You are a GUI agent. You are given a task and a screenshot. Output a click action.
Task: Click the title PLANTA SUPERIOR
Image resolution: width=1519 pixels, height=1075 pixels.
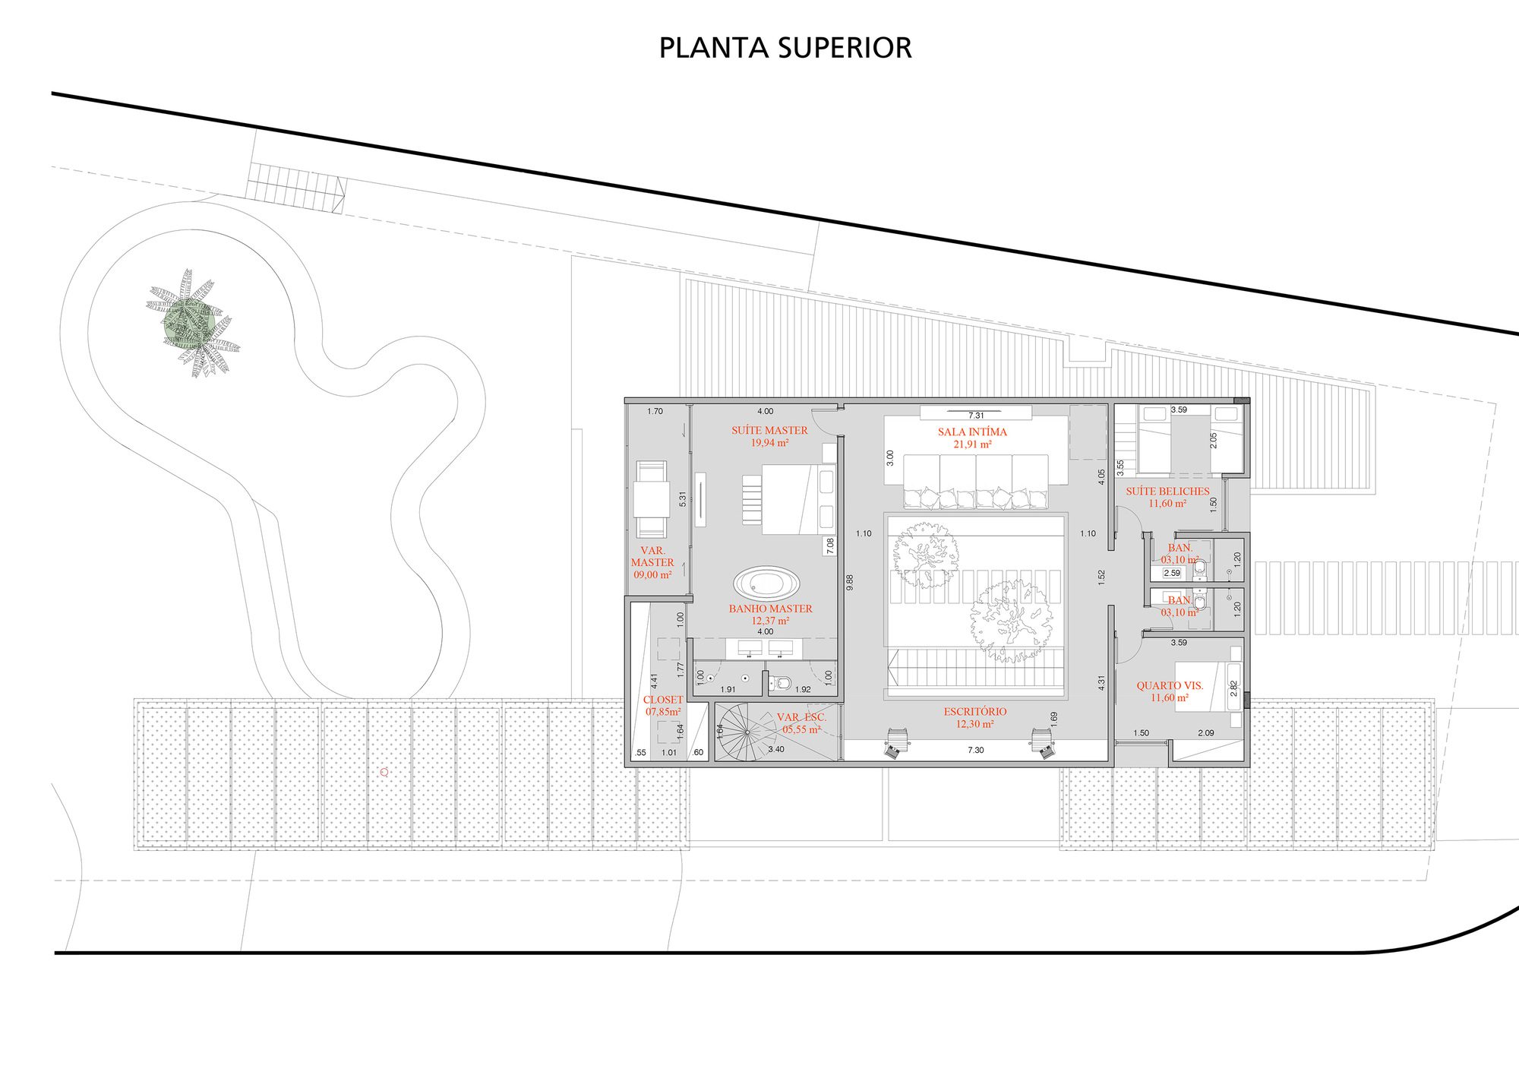pyautogui.click(x=785, y=48)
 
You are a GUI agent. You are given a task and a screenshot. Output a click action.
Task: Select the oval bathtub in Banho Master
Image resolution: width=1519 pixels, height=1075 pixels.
pyautogui.click(x=766, y=584)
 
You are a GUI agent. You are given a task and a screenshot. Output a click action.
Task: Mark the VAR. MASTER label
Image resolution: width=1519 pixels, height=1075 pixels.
pyautogui.click(x=652, y=562)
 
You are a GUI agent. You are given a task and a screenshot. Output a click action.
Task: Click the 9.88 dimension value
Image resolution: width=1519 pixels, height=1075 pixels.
pyautogui.click(x=850, y=582)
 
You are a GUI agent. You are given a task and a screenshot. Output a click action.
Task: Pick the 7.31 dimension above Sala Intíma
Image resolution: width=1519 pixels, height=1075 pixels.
pyautogui.click(x=976, y=416)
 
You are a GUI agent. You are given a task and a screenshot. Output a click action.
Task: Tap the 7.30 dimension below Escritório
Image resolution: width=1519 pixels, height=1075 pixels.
pyautogui.click(x=976, y=750)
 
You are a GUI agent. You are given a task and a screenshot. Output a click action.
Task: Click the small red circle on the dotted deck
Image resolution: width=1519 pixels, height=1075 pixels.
pyautogui.click(x=384, y=772)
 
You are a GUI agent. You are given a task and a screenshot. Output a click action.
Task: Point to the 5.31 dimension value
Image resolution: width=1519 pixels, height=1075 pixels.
pyautogui.click(x=683, y=499)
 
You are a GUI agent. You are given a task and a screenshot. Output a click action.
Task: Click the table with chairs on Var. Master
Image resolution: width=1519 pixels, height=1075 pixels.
pyautogui.click(x=651, y=499)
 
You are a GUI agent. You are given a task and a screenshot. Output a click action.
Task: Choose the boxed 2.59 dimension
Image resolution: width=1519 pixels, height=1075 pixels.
pyautogui.click(x=1172, y=573)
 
